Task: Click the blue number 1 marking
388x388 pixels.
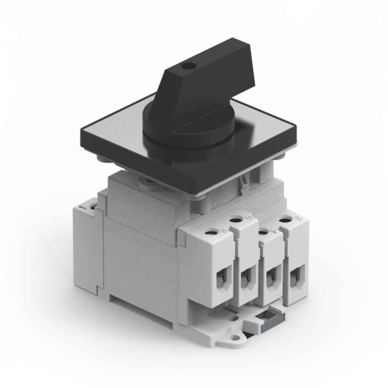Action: tap(83, 207)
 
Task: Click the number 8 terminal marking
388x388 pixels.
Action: tap(223, 230)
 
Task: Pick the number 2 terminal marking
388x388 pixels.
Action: tap(299, 218)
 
